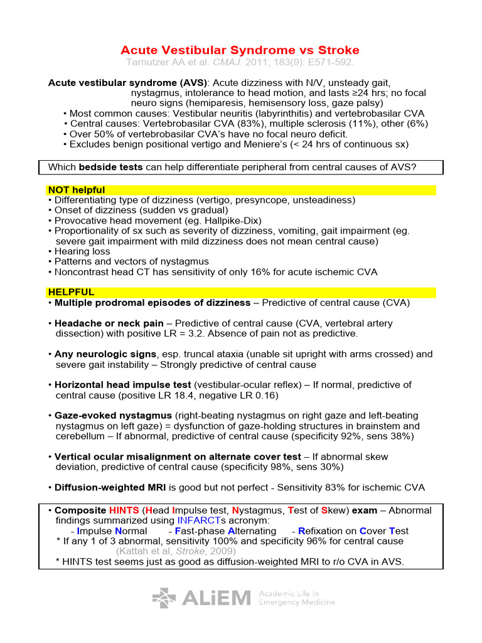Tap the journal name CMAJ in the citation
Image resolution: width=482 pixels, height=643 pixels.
pos(225,63)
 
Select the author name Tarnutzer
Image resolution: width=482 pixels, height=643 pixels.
pos(150,63)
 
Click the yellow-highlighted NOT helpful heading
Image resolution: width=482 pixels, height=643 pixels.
pos(77,190)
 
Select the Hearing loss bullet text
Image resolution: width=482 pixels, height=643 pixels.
pos(82,251)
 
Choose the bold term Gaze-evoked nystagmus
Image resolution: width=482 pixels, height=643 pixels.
pos(114,416)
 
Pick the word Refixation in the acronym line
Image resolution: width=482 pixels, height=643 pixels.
pos(328,531)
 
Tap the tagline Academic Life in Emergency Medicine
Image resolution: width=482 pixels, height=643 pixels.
pos(297,598)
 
